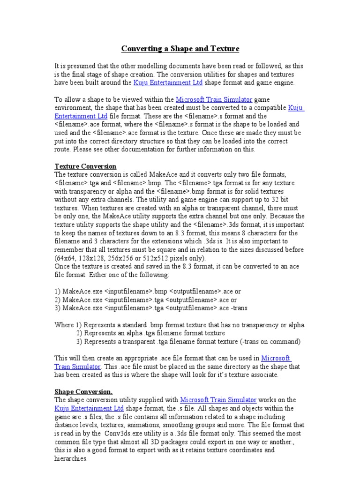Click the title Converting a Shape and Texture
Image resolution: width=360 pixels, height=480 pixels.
tap(180, 48)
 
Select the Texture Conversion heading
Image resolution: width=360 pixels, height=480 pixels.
tap(85, 166)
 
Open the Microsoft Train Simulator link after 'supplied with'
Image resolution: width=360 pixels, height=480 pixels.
tap(218, 400)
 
